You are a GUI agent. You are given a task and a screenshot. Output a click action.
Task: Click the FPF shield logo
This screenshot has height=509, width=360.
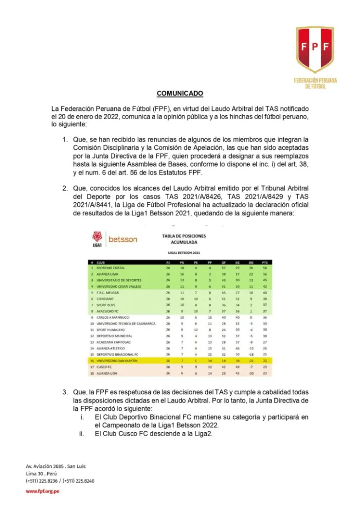[x=315, y=49]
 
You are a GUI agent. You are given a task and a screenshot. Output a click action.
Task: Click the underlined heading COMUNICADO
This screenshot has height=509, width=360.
[x=180, y=93]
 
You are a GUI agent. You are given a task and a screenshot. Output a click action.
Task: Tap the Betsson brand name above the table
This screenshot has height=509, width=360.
[x=123, y=239]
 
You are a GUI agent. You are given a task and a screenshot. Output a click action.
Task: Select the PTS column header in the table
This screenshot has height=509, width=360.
[x=264, y=262]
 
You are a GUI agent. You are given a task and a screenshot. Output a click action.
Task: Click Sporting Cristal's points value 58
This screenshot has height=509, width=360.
[x=264, y=268]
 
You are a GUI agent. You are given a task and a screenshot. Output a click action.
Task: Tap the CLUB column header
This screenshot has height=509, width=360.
[x=100, y=262]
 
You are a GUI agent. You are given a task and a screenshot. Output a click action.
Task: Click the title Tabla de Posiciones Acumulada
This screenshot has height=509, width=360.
[x=184, y=239]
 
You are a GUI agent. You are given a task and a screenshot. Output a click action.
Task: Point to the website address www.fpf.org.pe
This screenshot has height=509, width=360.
[x=42, y=491]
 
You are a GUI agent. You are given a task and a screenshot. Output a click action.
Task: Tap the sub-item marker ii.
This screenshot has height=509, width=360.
[x=82, y=434]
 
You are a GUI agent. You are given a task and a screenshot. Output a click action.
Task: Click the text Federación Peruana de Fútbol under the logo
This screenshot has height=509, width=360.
[x=315, y=83]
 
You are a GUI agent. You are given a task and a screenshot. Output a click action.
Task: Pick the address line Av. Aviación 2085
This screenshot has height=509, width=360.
[x=55, y=466]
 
